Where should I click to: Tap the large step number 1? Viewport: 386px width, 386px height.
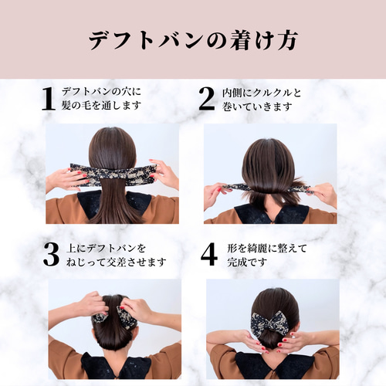click(48, 99)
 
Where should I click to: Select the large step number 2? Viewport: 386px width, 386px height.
click(206, 99)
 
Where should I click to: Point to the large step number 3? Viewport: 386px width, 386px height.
click(51, 256)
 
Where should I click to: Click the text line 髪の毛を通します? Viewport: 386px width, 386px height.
click(101, 106)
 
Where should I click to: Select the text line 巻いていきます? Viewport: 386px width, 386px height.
click(256, 106)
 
